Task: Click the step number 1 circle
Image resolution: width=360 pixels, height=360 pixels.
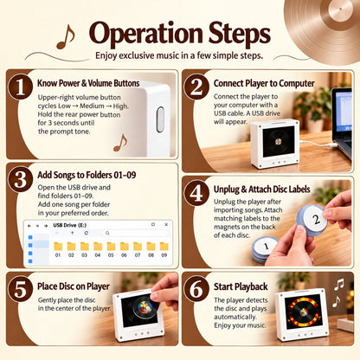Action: [x=20, y=87]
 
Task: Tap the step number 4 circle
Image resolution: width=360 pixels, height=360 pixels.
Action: [x=196, y=193]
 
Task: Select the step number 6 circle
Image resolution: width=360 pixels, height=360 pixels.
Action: [x=196, y=289]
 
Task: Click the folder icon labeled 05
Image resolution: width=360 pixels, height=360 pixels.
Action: [x=111, y=246]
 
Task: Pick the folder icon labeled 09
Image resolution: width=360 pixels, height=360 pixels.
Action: [x=164, y=246]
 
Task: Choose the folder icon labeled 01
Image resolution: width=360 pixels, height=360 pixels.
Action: [x=58, y=246]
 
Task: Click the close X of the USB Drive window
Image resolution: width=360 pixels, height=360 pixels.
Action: [x=166, y=224]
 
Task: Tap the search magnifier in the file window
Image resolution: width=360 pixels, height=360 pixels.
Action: [x=107, y=233]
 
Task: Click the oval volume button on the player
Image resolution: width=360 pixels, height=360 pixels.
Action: [x=160, y=119]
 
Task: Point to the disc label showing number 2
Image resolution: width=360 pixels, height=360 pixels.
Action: [x=315, y=220]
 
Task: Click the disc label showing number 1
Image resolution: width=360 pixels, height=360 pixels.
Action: [x=266, y=247]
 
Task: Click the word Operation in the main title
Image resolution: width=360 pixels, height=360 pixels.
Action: [x=146, y=34]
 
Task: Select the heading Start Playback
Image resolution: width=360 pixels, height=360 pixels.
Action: [x=241, y=286]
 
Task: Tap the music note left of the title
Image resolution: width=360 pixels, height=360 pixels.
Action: [x=66, y=36]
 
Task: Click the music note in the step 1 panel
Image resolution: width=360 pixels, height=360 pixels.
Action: [x=120, y=143]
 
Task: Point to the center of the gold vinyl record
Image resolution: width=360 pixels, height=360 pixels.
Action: [x=340, y=10]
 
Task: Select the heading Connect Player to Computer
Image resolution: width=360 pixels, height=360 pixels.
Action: [x=264, y=83]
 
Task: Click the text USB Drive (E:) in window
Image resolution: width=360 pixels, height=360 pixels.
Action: [x=70, y=225]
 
